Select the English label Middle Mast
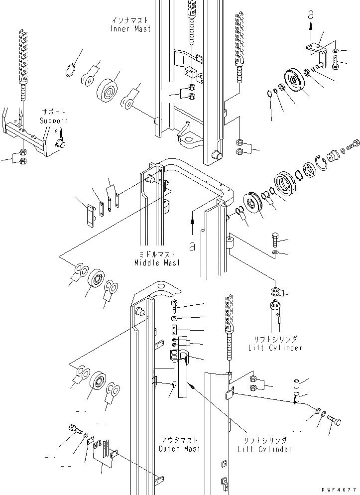pos(157,262)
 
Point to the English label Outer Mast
pos(180,449)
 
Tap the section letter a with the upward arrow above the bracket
pos(311,16)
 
